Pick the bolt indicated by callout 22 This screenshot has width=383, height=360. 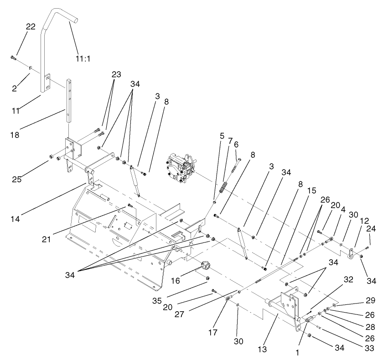click(13, 58)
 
